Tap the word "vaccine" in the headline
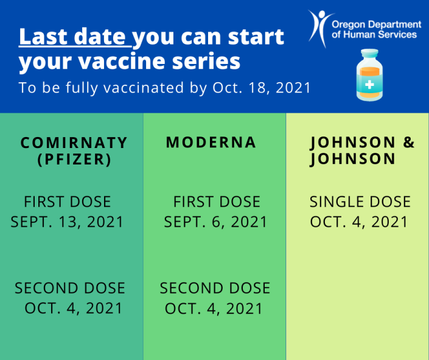[x=122, y=61]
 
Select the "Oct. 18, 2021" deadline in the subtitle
[x=262, y=88]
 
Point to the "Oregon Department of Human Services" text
[x=377, y=30]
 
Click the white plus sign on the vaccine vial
[x=369, y=85]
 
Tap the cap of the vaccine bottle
[x=369, y=53]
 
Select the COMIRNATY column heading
[x=74, y=143]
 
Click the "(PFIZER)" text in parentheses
[x=74, y=160]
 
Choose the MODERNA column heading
[x=211, y=143]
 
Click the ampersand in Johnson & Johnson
[x=409, y=143]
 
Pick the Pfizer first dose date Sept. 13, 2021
[x=67, y=222]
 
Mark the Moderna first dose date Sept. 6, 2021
[x=215, y=222]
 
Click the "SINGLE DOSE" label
[x=360, y=202]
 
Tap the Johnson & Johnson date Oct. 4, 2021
[x=359, y=222]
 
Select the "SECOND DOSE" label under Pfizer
[x=70, y=288]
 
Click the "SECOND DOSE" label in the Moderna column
[x=215, y=288]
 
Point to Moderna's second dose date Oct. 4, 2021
[x=214, y=308]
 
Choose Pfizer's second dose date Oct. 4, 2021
[x=73, y=308]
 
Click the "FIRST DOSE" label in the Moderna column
[x=217, y=202]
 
